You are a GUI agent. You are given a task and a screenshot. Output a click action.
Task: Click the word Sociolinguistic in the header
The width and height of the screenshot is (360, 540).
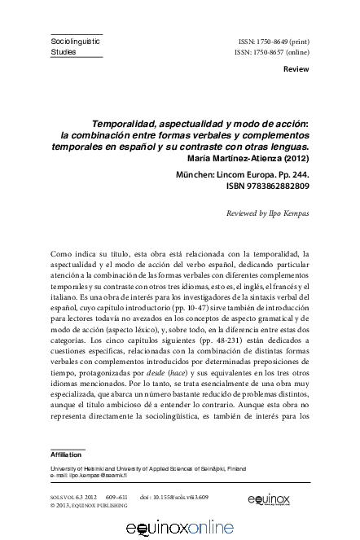click(76, 39)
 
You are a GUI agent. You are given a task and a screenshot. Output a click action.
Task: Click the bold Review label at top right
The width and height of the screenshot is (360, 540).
click(295, 69)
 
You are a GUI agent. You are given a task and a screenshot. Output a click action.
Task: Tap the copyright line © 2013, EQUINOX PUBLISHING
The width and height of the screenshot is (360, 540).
click(89, 505)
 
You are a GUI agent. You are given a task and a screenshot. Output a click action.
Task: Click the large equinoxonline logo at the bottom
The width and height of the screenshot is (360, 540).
click(179, 529)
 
